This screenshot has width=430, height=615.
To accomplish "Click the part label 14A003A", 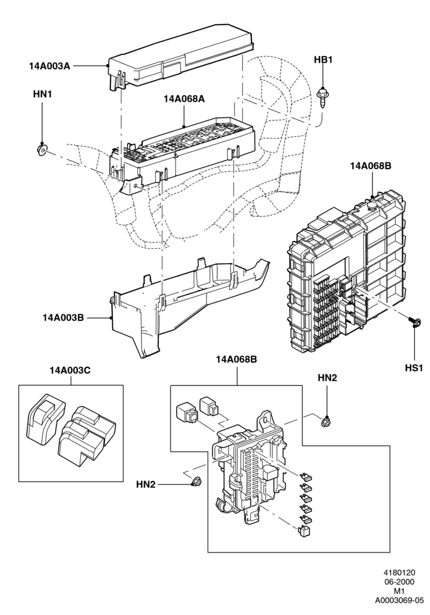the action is point(49,66).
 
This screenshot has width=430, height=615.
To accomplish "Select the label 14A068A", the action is point(184,99).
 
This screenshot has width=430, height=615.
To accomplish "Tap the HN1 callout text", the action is point(43,94).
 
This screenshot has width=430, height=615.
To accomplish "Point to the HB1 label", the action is point(323,60).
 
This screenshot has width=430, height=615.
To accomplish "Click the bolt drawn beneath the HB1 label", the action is point(323,96).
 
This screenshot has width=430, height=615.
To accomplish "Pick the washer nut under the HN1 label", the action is point(41,149).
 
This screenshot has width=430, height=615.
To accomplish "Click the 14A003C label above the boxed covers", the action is point(70,370).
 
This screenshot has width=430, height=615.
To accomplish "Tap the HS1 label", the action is point(414,368).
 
